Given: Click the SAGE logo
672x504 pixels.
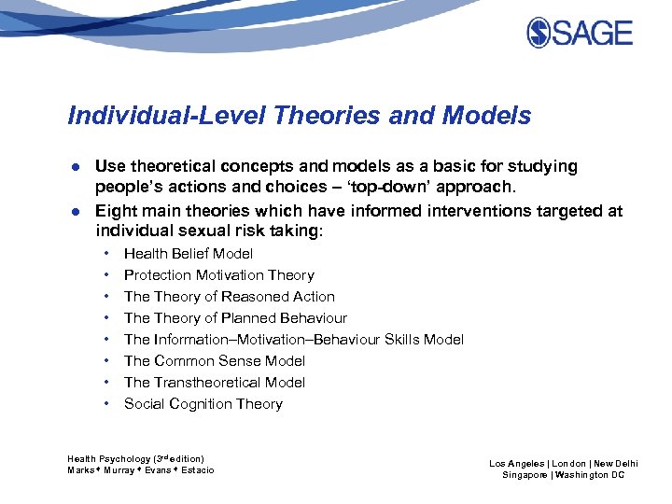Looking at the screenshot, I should (579, 34).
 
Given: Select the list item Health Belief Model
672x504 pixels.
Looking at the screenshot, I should (189, 254).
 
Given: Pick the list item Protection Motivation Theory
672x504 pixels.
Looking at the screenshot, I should (218, 275).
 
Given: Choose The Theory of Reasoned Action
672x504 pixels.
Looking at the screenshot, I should (229, 297).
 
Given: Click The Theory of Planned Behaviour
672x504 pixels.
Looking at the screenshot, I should (235, 318).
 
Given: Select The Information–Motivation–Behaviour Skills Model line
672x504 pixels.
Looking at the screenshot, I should (293, 340).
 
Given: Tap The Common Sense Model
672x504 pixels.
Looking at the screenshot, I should (215, 361).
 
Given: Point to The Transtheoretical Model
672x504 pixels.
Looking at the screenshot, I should (215, 383).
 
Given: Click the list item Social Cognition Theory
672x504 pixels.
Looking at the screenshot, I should (203, 404).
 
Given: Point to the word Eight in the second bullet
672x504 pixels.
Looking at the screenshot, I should (116, 211).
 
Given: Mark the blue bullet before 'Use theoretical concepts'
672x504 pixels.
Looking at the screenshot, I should (74, 167).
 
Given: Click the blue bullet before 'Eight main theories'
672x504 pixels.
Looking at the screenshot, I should (74, 212).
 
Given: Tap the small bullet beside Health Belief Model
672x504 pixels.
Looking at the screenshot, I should (108, 254).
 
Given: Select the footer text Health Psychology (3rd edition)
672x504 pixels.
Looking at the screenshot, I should (135, 458).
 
